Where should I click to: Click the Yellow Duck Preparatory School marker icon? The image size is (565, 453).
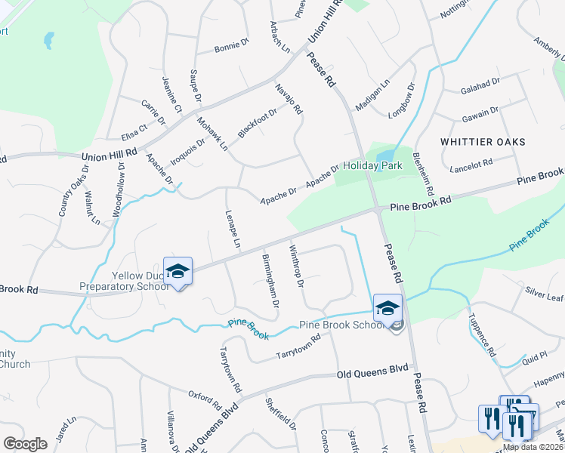click(178, 272)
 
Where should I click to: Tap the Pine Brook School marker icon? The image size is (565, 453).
click(387, 308)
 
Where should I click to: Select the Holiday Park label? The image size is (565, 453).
click(372, 165)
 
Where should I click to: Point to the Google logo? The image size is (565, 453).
click(25, 444)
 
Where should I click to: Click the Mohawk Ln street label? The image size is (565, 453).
click(212, 133)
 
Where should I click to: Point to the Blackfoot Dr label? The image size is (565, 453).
click(258, 122)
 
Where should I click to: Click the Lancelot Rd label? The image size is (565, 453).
click(471, 164)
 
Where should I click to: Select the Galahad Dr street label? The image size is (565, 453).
click(480, 85)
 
